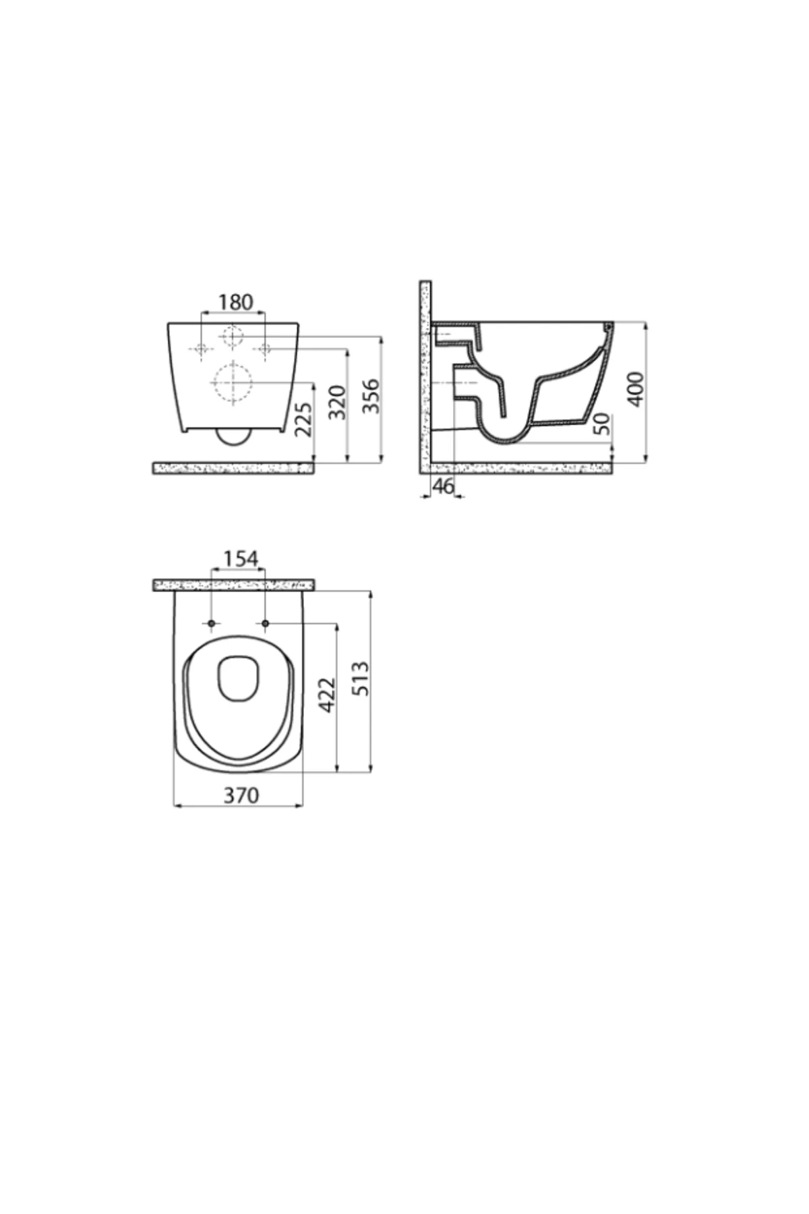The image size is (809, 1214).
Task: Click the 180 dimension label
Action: click(236, 301)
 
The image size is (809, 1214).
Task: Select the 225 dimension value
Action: click(304, 420)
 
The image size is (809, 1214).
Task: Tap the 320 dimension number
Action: click(337, 402)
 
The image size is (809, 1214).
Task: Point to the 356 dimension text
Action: click(371, 397)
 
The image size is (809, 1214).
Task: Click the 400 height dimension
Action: click(636, 388)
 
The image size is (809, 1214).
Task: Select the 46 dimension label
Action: click(443, 486)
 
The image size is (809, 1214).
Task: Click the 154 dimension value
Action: click(241, 558)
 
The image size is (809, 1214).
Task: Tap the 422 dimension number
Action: click(327, 695)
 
